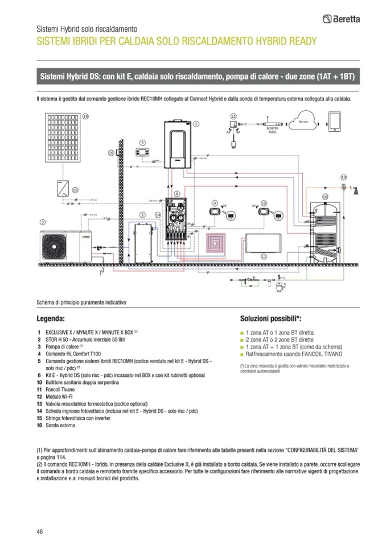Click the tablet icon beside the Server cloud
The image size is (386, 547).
click(x=335, y=122)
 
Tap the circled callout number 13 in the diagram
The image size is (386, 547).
click(x=343, y=178)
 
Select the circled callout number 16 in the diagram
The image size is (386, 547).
click(x=111, y=152)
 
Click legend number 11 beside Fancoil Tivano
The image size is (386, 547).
click(x=39, y=395)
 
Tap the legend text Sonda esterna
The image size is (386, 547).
click(x=60, y=425)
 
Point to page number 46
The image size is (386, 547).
click(x=39, y=532)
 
